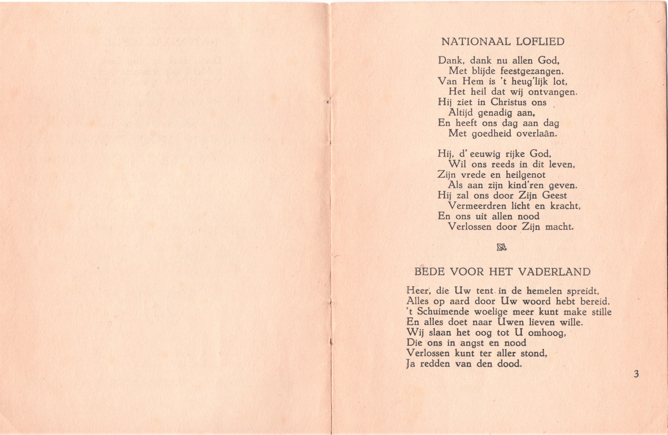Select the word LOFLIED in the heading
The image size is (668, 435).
coord(540,42)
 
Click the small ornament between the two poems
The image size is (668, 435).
coord(502,247)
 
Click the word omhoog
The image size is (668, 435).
coord(546,333)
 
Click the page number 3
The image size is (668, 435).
coord(636,374)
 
